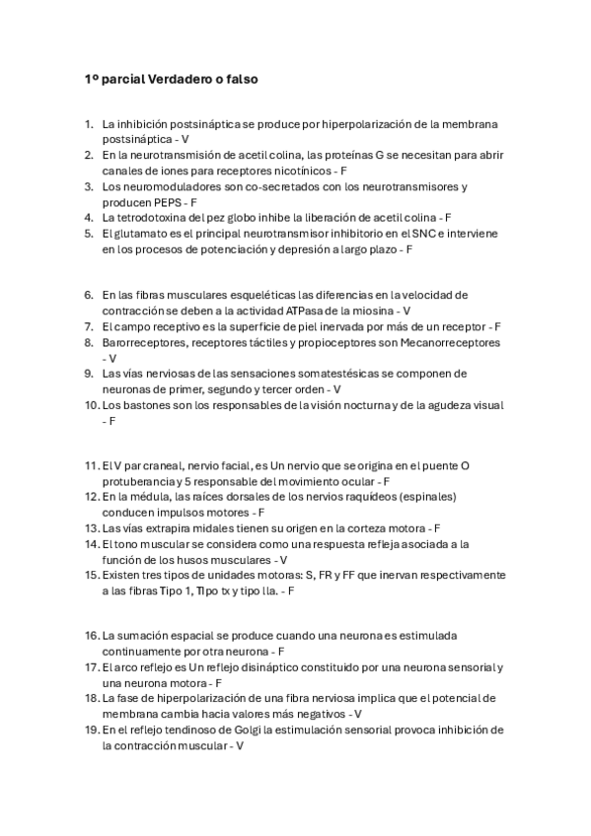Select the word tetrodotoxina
coord(156,217)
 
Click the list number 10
coord(91,405)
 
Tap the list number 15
coord(91,575)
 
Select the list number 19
coord(91,731)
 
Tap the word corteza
coord(347,528)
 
